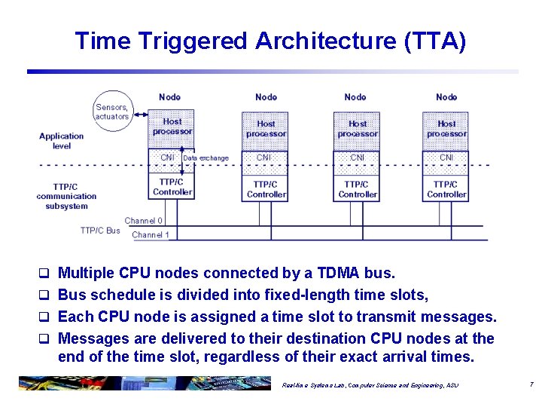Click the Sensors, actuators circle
(111, 112)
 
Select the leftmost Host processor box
(172, 127)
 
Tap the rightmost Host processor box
(446, 129)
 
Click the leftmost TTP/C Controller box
(172, 186)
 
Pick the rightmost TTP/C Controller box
(446, 188)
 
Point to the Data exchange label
(206, 158)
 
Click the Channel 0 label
(143, 221)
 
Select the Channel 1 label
(151, 235)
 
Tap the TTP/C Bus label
(100, 230)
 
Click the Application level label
(61, 141)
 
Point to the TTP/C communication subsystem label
(66, 196)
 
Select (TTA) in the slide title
(435, 41)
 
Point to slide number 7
(531, 384)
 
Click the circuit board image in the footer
(143, 383)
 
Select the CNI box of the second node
(264, 158)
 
